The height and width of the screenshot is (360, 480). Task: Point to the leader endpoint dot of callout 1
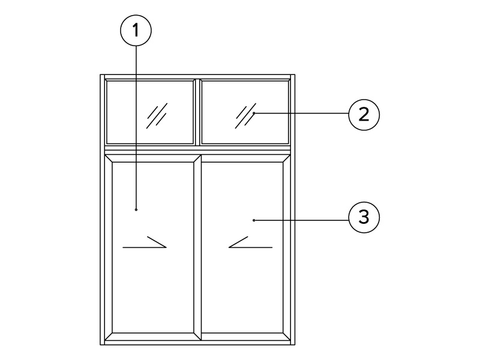pos(136,209)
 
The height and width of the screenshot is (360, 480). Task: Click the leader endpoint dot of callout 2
pos(254,113)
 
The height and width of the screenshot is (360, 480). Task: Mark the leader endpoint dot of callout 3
pos(254,220)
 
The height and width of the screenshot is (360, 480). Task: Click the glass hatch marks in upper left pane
pos(157,116)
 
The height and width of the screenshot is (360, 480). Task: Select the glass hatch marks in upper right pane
pos(245,116)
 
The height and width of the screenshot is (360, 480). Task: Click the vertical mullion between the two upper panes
pos(197,112)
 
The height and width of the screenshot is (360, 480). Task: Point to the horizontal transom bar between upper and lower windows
pos(197,150)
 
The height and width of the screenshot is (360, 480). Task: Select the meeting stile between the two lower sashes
pos(197,247)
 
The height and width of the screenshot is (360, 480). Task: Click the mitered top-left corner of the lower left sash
pos(109,158)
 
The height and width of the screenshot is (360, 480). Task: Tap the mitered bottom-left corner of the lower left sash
pos(109,337)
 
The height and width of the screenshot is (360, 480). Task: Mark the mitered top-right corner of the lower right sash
pos(287,158)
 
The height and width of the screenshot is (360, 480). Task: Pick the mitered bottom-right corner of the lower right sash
pos(287,337)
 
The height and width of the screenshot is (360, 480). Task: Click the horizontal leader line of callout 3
pos(301,220)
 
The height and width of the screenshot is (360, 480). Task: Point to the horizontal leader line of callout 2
pos(301,113)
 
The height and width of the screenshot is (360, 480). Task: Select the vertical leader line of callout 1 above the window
pos(136,61)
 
